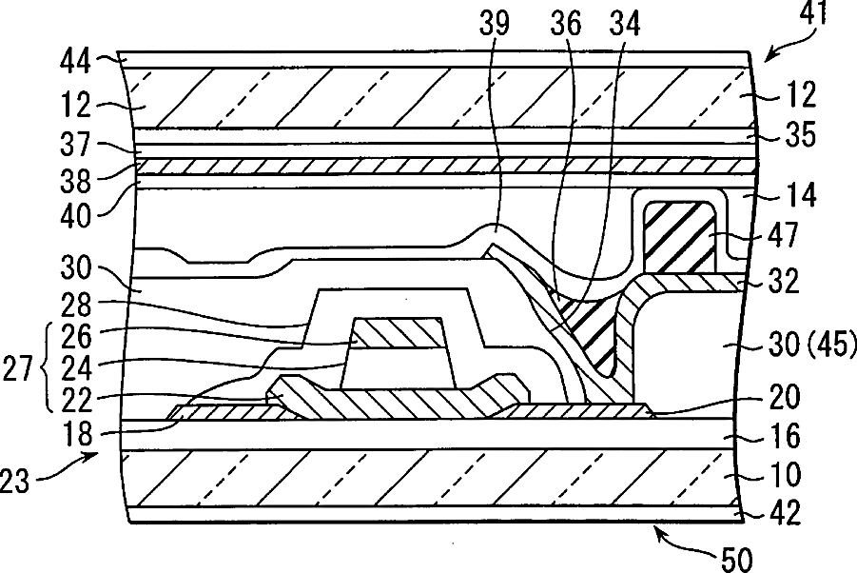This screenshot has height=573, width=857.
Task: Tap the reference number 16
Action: click(780, 437)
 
